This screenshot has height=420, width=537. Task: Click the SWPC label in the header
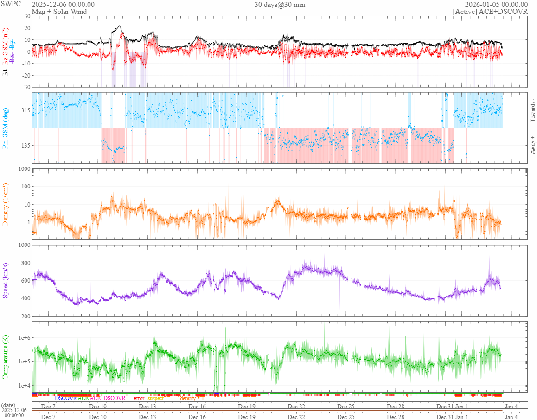coord(10,5)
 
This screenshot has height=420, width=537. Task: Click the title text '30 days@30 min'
coord(280,5)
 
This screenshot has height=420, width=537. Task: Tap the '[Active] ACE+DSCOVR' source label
coord(490,12)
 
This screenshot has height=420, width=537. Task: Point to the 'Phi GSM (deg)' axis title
coord(6,128)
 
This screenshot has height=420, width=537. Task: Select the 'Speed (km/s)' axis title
coord(6,280)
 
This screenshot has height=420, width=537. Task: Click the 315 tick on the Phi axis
coord(24,110)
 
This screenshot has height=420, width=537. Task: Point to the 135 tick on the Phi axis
coord(24,145)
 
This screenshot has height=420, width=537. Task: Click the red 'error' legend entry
coord(139,398)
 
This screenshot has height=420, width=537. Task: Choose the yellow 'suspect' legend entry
coord(155,398)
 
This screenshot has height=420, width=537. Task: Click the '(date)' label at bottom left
coord(8,405)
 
